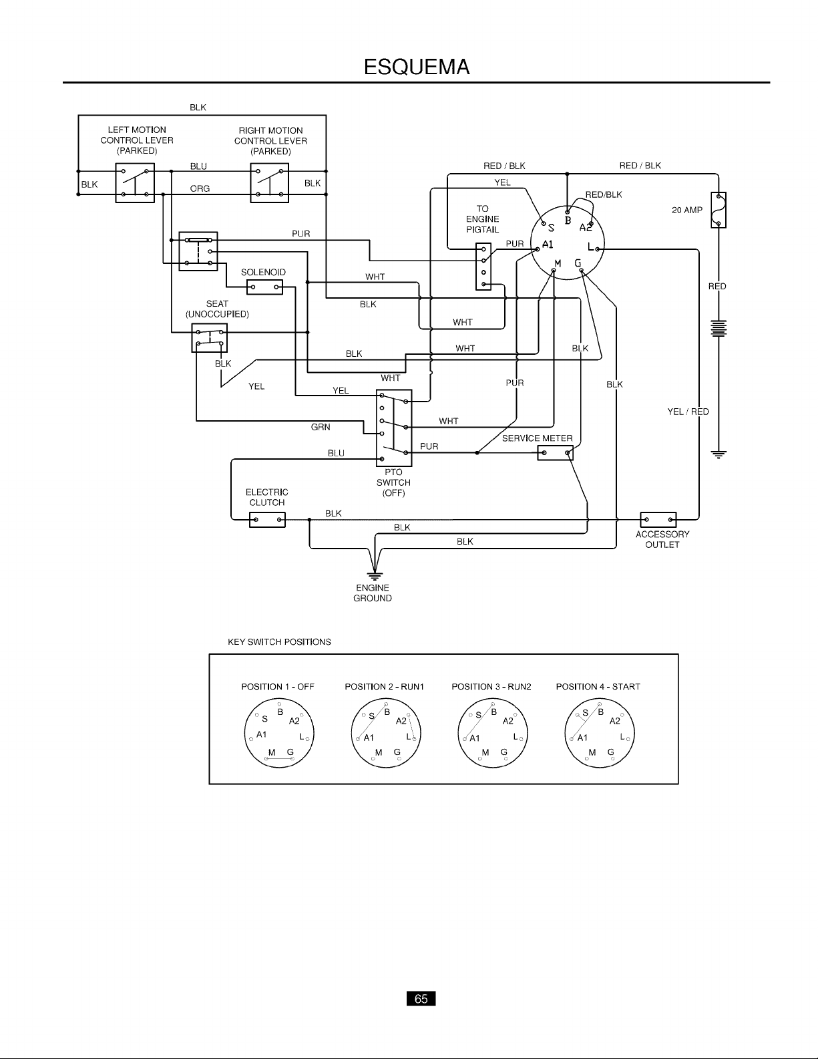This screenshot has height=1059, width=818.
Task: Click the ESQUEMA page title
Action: [x=417, y=67]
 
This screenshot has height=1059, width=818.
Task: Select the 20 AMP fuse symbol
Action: [x=719, y=210]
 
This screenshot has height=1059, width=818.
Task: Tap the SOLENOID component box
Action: [x=264, y=287]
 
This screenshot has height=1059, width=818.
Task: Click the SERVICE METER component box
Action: [x=555, y=453]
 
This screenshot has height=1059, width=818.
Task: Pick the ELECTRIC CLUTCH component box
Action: [x=267, y=520]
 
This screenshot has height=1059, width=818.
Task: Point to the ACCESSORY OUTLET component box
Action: [x=658, y=520]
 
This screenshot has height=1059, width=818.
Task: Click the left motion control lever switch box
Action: [x=135, y=183]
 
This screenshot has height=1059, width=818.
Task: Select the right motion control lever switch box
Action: [x=269, y=183]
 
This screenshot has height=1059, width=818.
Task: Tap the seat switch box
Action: [x=210, y=337]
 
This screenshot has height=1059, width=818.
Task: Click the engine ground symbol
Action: [x=375, y=575]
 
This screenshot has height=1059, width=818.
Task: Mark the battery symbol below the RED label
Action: [x=719, y=328]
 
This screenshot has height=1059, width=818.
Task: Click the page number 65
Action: [x=421, y=999]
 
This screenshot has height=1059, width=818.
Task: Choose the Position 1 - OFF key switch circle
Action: [x=279, y=734]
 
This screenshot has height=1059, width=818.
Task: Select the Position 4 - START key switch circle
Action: [x=600, y=734]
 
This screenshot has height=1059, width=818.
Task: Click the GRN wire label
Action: [x=321, y=428]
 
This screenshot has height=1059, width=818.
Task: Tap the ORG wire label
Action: [x=200, y=188]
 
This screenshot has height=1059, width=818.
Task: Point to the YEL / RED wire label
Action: [x=688, y=412]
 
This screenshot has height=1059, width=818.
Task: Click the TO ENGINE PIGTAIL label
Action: [x=483, y=219]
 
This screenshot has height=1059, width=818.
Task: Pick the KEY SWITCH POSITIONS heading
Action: [x=280, y=642]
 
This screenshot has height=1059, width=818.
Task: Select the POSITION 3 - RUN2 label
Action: [x=491, y=687]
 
